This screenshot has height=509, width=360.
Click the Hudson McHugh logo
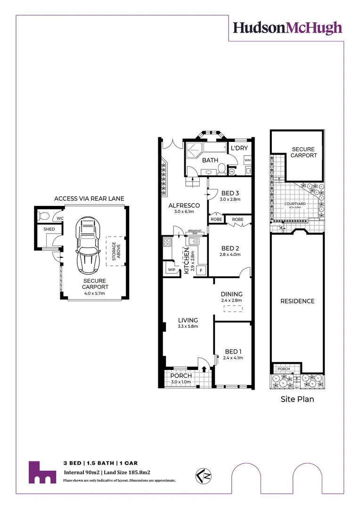point(287,28)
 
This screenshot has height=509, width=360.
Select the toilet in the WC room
point(44,216)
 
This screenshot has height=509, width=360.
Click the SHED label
point(49,229)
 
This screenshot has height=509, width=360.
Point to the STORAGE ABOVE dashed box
point(114,251)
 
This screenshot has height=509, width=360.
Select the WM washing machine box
point(247,161)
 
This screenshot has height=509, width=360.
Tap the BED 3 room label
point(231,192)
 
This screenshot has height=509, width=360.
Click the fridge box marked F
point(202,271)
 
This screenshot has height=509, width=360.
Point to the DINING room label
point(231,294)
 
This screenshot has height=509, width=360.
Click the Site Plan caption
point(297,399)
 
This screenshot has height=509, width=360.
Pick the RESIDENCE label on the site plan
point(297,301)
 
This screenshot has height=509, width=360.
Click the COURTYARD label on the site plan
point(298,204)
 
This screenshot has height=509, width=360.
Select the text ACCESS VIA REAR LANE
point(89,198)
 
